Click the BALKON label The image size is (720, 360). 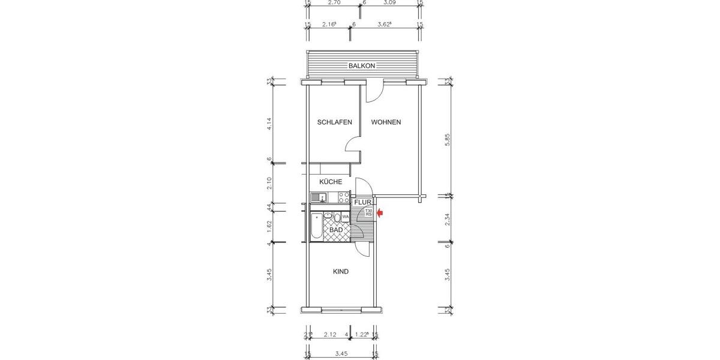362,66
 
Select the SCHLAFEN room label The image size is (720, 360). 334,122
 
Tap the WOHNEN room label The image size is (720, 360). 386,122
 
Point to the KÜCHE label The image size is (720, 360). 331,182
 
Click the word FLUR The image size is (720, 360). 362,203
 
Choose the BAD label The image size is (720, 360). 336,230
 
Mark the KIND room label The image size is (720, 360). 341,272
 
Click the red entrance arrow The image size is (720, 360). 380,212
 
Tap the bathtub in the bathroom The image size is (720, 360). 316,227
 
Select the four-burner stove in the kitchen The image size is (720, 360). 344,197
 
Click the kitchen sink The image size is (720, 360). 318,197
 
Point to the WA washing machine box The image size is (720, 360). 346,217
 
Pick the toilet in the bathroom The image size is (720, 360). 337,217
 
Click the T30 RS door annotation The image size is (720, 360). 369,212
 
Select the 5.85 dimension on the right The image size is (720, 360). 448,140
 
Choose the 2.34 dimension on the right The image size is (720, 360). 448,221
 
